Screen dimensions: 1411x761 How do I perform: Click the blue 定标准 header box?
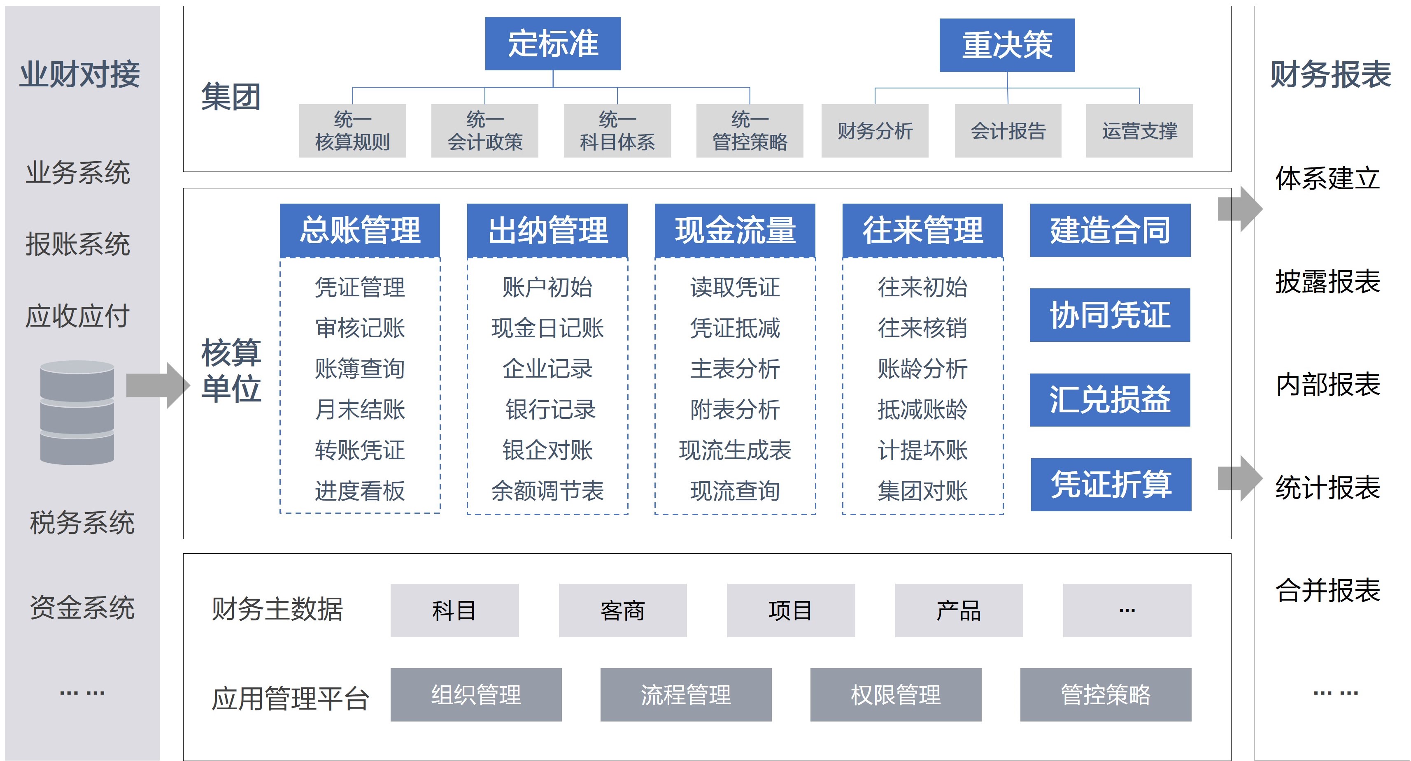(x=553, y=43)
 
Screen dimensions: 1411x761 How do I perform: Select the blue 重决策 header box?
(x=1007, y=45)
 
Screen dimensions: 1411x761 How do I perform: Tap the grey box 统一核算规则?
(x=352, y=131)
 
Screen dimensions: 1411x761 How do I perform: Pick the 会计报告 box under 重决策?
(x=1008, y=131)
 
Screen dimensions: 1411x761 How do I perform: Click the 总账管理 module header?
(x=360, y=230)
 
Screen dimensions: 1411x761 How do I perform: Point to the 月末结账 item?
(x=360, y=409)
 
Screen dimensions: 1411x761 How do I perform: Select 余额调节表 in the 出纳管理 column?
(x=547, y=491)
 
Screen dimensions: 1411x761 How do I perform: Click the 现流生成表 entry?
(x=735, y=450)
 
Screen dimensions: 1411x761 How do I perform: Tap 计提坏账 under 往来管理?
(x=922, y=450)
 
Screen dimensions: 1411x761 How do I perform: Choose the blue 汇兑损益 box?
(x=1110, y=400)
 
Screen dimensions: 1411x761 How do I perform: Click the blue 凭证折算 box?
(x=1111, y=485)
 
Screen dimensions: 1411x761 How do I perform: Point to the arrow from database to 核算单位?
(x=158, y=385)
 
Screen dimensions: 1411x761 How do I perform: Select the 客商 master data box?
(x=622, y=610)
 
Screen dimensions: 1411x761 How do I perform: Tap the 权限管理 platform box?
(x=896, y=694)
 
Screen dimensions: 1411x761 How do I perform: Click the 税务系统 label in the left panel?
(x=82, y=522)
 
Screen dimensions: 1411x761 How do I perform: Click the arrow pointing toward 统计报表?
(x=1240, y=478)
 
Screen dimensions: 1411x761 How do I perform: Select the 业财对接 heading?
(x=80, y=74)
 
